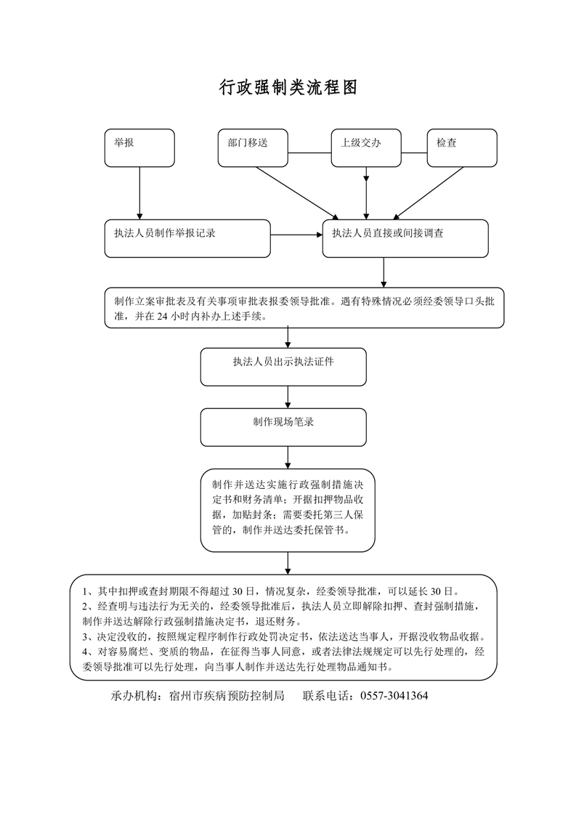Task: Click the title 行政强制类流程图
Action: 288,89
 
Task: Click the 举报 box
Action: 139,147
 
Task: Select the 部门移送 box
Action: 253,147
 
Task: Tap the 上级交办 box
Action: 366,147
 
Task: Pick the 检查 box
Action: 462,147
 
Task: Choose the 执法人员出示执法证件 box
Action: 283,367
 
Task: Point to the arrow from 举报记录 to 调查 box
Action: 296,235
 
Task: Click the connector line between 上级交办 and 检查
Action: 413,153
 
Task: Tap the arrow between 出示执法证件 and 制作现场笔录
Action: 288,397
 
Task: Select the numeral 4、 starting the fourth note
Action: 87,651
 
